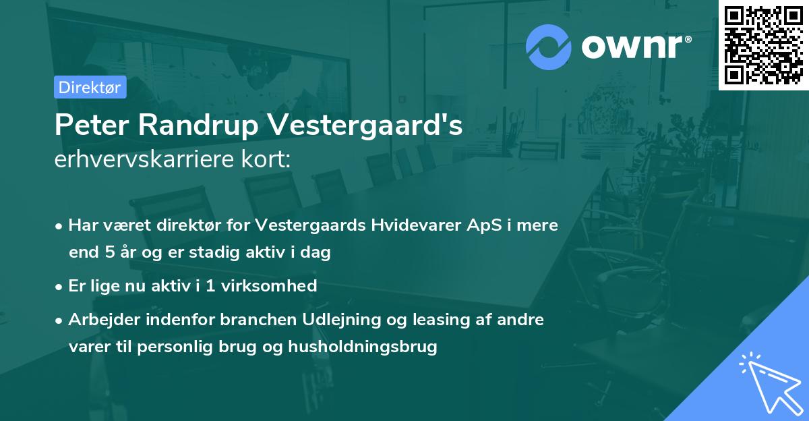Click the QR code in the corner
[x=764, y=45]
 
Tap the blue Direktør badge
[x=90, y=87]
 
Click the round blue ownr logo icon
[x=548, y=47]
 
